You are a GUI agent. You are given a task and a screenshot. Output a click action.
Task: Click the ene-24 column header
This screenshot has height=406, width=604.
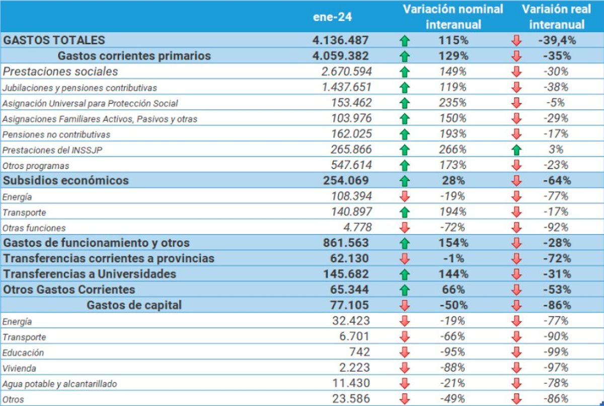[x=332, y=17]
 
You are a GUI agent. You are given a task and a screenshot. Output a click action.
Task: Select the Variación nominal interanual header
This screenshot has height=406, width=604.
[x=452, y=17]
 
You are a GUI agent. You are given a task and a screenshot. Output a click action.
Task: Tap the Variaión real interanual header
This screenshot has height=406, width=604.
[x=557, y=17]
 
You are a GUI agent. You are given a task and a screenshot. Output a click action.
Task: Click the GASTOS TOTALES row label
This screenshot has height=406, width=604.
[x=54, y=40]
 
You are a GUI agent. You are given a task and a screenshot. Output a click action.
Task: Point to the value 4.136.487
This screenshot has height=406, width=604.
[x=340, y=40]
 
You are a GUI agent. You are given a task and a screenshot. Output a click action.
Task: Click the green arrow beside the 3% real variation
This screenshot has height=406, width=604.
[x=516, y=150]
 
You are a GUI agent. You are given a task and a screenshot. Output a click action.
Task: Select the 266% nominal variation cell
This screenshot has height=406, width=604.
[x=452, y=150]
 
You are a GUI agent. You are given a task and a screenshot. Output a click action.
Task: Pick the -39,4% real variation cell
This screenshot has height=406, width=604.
[x=557, y=40]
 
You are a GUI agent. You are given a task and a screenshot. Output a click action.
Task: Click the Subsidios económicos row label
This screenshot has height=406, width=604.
[x=66, y=180]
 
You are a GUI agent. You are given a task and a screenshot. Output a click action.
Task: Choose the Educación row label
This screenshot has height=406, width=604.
[x=23, y=353]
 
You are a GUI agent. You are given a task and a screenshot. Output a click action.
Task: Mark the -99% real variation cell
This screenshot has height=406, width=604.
[x=557, y=352]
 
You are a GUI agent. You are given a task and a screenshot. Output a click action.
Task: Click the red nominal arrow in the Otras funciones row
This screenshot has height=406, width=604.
[x=404, y=228]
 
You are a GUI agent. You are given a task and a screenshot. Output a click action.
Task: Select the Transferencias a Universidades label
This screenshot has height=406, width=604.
[x=90, y=274]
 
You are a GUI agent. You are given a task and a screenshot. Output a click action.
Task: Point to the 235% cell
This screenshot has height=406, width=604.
[x=452, y=103]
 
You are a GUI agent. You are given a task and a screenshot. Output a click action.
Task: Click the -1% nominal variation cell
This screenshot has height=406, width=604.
[x=452, y=258]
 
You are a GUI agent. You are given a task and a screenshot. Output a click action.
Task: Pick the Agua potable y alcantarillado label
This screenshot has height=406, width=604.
[x=59, y=384]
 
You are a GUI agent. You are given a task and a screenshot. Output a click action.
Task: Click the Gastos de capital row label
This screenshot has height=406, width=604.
[x=134, y=305]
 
